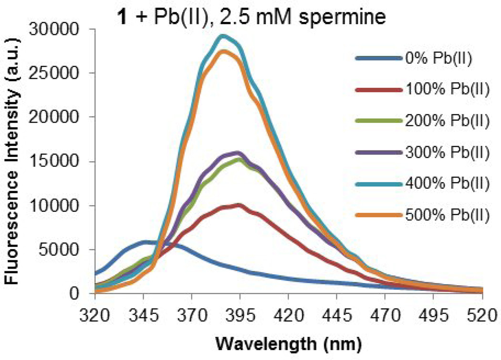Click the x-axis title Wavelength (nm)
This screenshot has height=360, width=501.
[x=289, y=343]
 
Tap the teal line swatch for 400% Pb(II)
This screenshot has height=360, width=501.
[x=376, y=185]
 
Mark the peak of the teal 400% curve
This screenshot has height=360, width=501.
[x=222, y=36]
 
